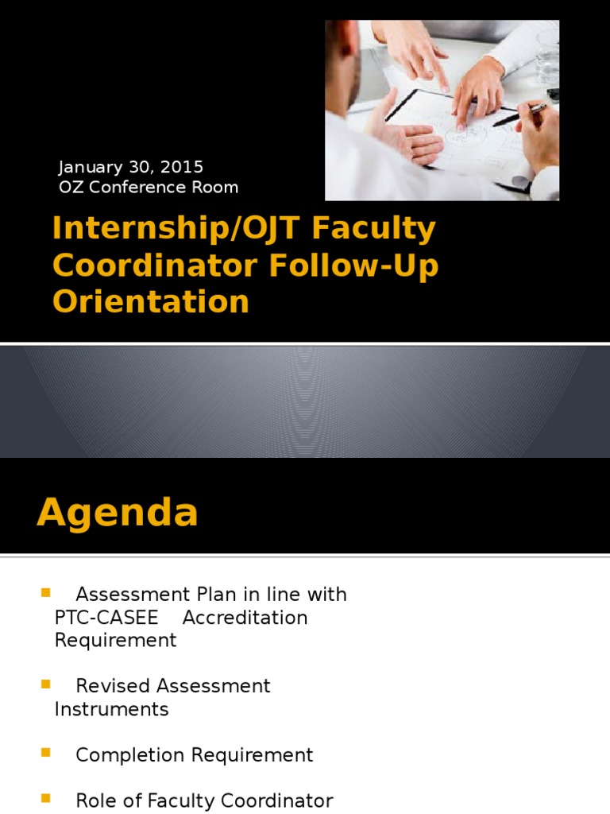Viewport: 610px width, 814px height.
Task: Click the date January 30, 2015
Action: point(131,167)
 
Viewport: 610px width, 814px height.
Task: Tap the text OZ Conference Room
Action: point(149,188)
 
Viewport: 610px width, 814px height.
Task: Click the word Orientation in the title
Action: point(151,302)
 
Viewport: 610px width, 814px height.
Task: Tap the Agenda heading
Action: point(118,513)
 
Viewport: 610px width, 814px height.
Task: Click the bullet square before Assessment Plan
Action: point(44,593)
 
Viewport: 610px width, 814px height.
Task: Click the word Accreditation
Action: point(245,618)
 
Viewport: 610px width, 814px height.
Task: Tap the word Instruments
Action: point(111,709)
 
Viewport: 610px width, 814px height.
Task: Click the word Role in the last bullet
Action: point(95,800)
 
